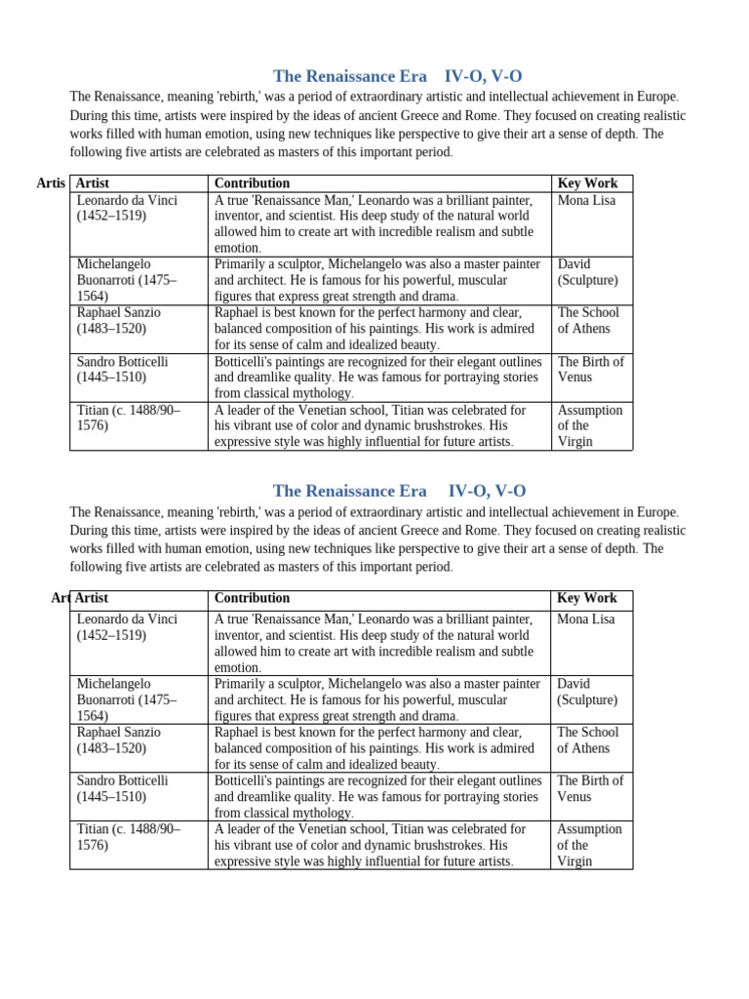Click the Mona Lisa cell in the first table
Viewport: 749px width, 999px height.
pos(585,201)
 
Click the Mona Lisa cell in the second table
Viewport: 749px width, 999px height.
pos(585,619)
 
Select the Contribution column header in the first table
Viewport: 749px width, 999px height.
pos(252,183)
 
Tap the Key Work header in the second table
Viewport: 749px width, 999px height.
pos(586,598)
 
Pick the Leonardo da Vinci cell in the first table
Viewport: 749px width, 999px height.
pos(127,208)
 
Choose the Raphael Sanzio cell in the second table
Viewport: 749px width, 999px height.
pos(119,739)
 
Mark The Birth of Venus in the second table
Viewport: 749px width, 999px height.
pos(590,788)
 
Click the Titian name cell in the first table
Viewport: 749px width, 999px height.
pos(128,418)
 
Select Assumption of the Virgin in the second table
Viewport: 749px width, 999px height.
pos(588,845)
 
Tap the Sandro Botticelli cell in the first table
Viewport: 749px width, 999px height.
pos(122,369)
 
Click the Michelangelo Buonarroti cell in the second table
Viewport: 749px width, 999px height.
pos(126,699)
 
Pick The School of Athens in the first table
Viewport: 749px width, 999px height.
pos(587,320)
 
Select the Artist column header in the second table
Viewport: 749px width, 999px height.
pos(92,598)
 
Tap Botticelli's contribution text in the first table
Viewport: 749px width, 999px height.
pos(377,377)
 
